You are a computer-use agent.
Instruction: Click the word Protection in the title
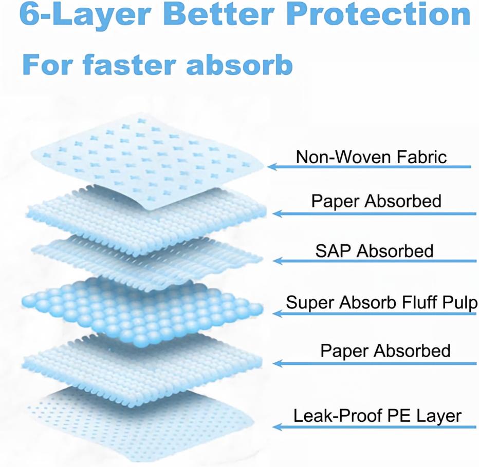coord(378,14)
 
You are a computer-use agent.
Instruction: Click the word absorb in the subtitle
coord(239,65)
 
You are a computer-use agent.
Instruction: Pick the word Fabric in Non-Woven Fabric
coord(421,157)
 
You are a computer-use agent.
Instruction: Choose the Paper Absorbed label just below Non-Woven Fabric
coord(376,201)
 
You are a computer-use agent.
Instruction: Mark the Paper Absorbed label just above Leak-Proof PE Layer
coord(385,351)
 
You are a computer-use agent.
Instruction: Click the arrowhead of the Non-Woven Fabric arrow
coord(272,167)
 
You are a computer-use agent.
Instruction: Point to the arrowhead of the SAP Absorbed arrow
coord(278,261)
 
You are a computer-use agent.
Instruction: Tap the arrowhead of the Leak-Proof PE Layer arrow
coord(277,427)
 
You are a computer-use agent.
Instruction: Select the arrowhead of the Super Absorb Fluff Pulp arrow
coord(278,313)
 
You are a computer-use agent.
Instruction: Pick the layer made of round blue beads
coord(142,311)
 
